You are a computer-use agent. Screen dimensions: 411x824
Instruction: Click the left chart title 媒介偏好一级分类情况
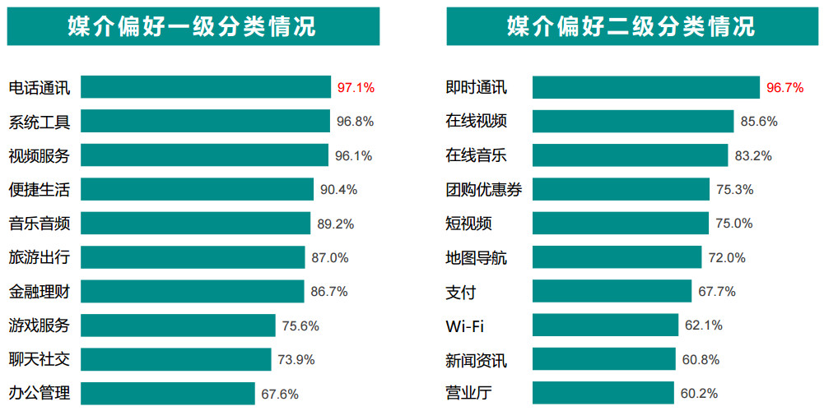tap(193, 26)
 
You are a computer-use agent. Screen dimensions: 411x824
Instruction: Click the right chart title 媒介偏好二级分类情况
tap(631, 26)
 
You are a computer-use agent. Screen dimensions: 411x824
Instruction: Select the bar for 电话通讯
tap(205, 87)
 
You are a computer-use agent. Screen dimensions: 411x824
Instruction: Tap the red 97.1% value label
tap(356, 87)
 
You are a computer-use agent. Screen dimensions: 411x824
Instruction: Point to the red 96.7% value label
tap(784, 87)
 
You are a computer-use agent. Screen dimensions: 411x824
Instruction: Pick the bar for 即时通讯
tap(645, 87)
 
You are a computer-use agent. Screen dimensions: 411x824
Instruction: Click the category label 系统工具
tap(40, 122)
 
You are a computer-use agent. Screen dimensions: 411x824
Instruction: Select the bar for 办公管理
tap(167, 393)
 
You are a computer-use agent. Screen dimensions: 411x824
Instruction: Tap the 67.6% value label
tap(280, 393)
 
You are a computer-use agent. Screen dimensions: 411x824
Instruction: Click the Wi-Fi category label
tap(465, 326)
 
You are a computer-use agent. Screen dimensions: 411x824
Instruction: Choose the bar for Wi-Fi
tap(605, 326)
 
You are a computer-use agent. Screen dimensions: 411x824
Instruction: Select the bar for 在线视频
tap(632, 122)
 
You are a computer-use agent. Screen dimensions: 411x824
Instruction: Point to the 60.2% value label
tap(700, 393)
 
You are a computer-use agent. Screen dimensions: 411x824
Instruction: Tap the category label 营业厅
tap(468, 393)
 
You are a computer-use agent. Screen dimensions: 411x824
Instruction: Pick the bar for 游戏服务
tap(178, 326)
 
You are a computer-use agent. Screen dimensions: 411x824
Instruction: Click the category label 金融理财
tap(40, 292)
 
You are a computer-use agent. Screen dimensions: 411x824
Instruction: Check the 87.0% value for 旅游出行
tap(329, 257)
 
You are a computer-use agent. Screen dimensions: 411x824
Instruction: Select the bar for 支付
tap(612, 292)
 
